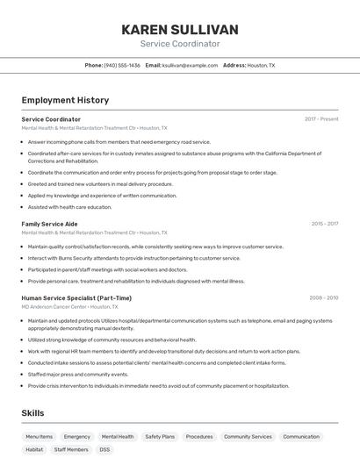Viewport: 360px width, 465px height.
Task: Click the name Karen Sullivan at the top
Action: click(180, 30)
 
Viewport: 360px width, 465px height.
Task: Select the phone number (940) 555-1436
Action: click(122, 65)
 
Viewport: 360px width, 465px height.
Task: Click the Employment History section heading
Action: click(65, 100)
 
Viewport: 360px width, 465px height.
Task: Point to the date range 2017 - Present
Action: click(321, 119)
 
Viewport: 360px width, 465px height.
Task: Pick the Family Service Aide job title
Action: click(49, 224)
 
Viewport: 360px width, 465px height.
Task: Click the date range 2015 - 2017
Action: click(324, 224)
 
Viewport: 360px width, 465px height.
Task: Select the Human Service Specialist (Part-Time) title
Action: click(76, 298)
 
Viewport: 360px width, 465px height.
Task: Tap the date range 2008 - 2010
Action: click(323, 298)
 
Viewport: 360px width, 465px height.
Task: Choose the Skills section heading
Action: click(32, 412)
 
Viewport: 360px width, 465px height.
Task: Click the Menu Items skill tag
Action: click(39, 436)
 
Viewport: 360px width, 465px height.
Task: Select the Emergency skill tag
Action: click(77, 436)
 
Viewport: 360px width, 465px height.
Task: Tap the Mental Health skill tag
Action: click(118, 436)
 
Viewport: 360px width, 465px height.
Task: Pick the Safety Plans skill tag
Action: click(160, 436)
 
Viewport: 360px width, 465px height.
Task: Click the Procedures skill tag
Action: click(199, 436)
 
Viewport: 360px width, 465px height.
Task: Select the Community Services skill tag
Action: click(248, 436)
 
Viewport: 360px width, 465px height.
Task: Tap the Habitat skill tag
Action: click(34, 449)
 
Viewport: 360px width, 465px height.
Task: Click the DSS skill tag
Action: click(104, 449)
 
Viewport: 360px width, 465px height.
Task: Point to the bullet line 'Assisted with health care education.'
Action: click(69, 207)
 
